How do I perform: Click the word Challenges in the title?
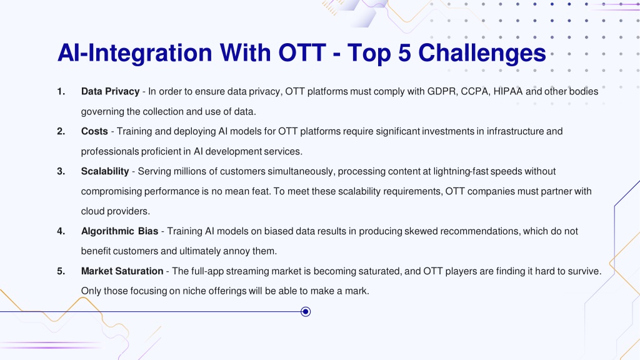pos(482,54)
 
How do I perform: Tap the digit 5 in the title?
pos(404,53)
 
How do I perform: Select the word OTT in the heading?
pos(302,53)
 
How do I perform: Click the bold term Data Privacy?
pos(110,91)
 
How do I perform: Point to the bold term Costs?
pos(94,131)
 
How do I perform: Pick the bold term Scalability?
pos(105,171)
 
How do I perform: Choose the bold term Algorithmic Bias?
pos(119,231)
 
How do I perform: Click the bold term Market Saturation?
pos(122,271)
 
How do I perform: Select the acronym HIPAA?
pos(507,91)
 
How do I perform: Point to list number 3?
pos(61,171)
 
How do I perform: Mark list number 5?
pos(61,271)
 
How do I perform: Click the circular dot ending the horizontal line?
pos(306,312)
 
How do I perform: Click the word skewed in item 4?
pos(421,231)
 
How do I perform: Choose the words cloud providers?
pos(116,211)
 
